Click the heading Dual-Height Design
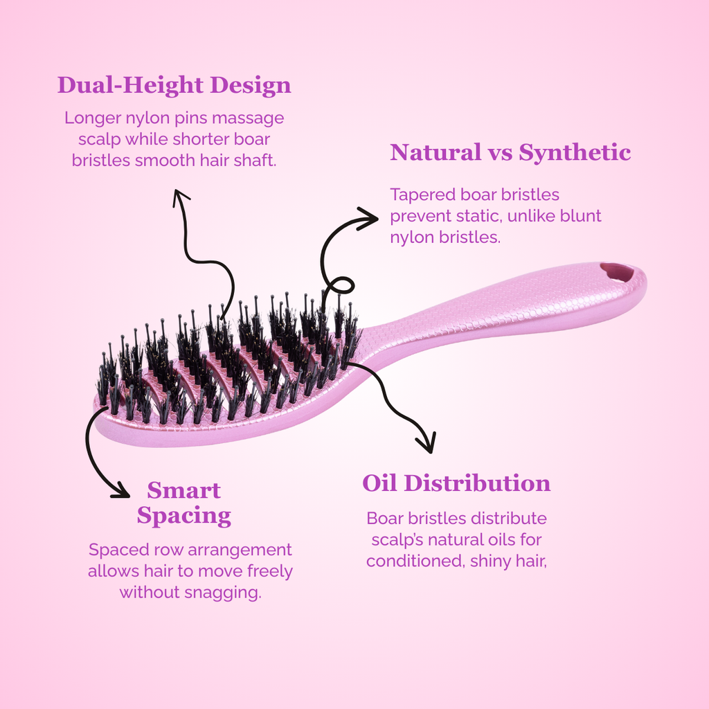point(174,86)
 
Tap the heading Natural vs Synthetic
point(510,152)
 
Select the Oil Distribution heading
point(457,483)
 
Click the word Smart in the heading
point(184,491)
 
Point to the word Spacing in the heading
point(184,516)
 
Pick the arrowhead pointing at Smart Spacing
point(120,491)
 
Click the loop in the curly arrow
point(339,286)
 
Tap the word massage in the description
point(248,118)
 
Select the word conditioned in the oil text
point(415,561)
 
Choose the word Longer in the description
point(93,118)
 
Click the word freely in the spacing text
point(270,571)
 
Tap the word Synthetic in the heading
point(575,153)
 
